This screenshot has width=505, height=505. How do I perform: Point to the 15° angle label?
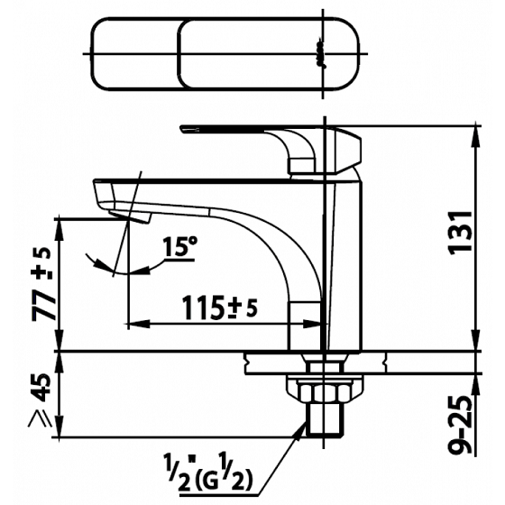pos(179,246)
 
